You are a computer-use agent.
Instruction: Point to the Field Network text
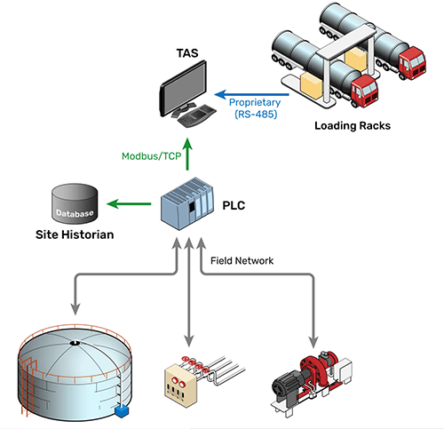click(x=242, y=260)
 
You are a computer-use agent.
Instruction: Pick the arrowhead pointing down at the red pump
click(x=313, y=341)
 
